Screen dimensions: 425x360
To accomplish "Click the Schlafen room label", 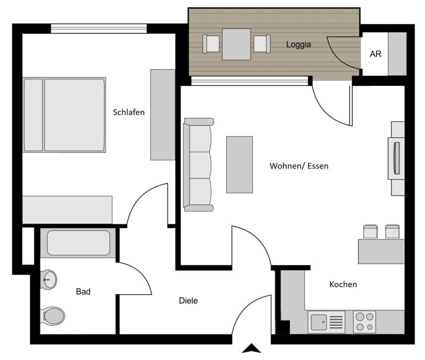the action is (129, 112).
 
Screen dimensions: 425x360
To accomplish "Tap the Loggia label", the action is (298, 44).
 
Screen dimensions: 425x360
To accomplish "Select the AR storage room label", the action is (375, 54).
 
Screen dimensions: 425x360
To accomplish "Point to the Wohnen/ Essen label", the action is (299, 166).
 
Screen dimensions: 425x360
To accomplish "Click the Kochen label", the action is (343, 284).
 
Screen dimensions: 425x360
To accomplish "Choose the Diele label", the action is (188, 300).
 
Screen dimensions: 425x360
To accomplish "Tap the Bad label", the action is (83, 291).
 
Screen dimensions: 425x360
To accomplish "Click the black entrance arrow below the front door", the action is (252, 348).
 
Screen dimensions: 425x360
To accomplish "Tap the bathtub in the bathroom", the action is (79, 243).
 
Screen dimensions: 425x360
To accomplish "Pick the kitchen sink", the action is (326, 322).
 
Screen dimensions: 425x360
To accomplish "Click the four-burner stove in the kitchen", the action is (365, 322).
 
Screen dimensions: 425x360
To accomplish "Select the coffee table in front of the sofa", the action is (240, 164).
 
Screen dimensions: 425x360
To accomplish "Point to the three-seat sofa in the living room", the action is (199, 164).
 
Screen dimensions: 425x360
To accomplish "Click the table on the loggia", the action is (236, 44).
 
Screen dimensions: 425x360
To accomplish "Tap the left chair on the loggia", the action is (211, 44).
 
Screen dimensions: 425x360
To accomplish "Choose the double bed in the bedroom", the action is (64, 115).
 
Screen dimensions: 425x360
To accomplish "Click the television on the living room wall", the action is (397, 158).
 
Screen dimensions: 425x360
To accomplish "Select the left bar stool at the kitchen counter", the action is (370, 232).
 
